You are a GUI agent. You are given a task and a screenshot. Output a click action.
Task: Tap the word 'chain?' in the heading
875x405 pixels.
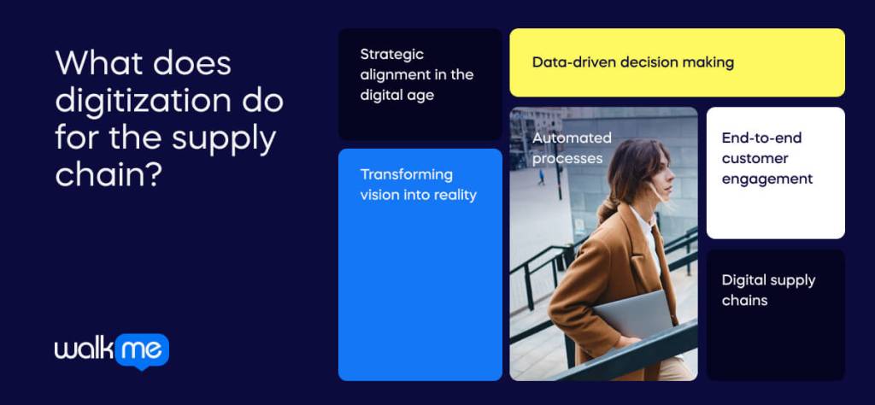point(109,174)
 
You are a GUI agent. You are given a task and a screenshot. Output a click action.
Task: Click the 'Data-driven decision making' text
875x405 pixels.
point(632,62)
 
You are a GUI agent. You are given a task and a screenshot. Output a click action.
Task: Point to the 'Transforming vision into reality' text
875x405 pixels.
point(418,185)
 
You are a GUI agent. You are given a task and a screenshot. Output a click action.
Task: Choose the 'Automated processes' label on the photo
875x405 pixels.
point(572,148)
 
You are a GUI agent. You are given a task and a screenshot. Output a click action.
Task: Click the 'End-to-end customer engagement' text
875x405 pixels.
point(766,158)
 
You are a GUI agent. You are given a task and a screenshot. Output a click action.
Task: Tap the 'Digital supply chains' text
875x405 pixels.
point(767,290)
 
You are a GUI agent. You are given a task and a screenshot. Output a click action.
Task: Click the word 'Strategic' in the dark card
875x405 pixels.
point(391,55)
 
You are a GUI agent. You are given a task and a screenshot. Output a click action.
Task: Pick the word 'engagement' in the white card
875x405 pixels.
point(766,179)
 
